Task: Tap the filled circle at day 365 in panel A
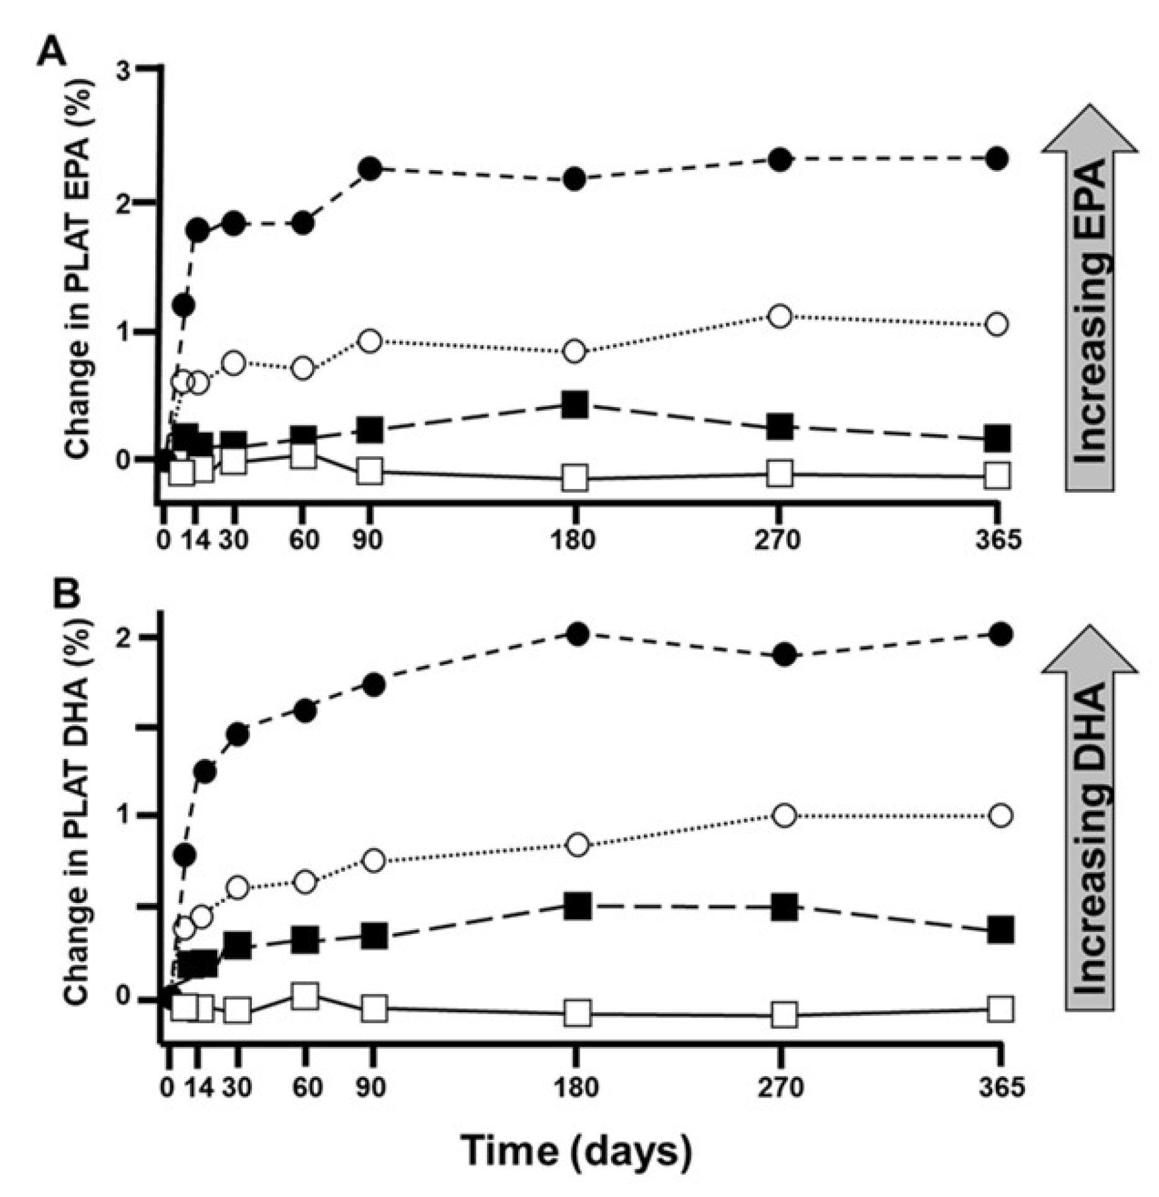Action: (x=997, y=158)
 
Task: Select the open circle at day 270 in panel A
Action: (x=781, y=316)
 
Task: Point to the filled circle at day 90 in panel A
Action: (x=370, y=168)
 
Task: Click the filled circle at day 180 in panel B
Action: (x=578, y=634)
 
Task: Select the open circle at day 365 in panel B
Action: (x=1001, y=815)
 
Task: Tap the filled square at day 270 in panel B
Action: (x=784, y=907)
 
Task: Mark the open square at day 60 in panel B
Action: (x=305, y=997)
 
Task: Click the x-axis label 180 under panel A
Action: (x=573, y=540)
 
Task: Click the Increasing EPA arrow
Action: (x=1090, y=298)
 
